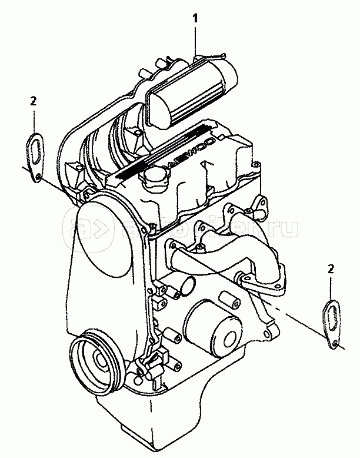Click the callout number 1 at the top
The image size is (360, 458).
pyautogui.click(x=196, y=18)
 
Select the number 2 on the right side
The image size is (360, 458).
pyautogui.click(x=331, y=270)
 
